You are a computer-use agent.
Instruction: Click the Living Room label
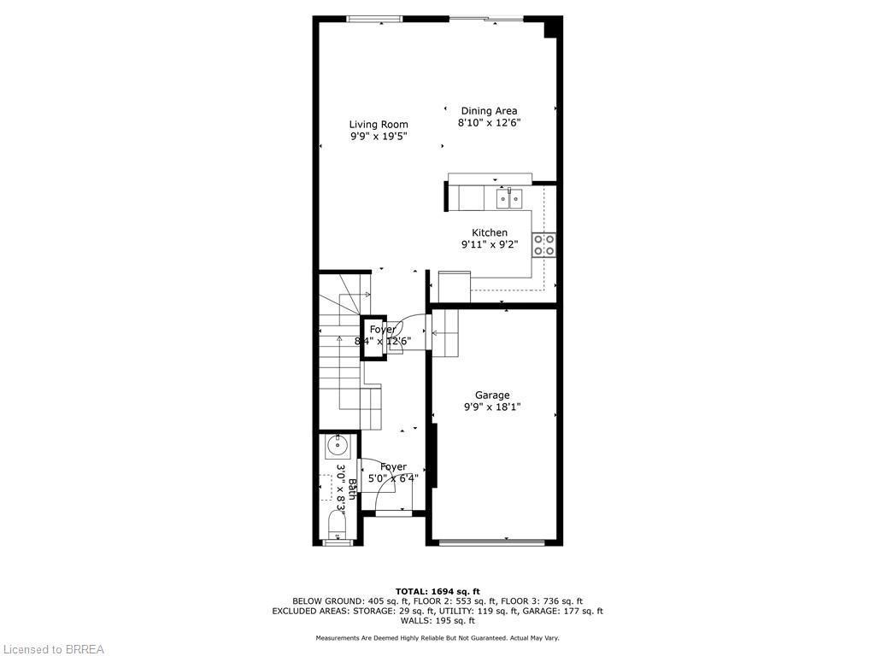pyautogui.click(x=379, y=125)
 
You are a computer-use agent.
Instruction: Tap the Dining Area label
pyautogui.click(x=489, y=111)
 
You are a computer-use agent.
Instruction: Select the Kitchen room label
pyautogui.click(x=490, y=232)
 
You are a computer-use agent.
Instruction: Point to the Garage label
pyautogui.click(x=492, y=395)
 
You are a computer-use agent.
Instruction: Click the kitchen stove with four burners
pyautogui.click(x=543, y=245)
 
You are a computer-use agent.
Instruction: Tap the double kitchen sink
pyautogui.click(x=509, y=198)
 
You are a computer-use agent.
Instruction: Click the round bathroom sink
pyautogui.click(x=337, y=444)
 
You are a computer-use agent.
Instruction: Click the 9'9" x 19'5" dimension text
pyautogui.click(x=379, y=137)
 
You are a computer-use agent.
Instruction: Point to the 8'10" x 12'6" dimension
pyautogui.click(x=490, y=123)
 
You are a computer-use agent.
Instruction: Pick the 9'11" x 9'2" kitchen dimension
pyautogui.click(x=490, y=244)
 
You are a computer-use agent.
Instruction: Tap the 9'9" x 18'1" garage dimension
pyautogui.click(x=492, y=407)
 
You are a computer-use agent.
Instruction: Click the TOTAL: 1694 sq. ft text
pyautogui.click(x=437, y=591)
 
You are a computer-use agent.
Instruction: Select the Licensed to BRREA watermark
pyautogui.click(x=53, y=649)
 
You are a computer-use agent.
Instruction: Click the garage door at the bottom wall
pyautogui.click(x=491, y=542)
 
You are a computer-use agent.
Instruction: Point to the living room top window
pyautogui.click(x=374, y=19)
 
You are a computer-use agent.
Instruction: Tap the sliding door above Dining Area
pyautogui.click(x=486, y=19)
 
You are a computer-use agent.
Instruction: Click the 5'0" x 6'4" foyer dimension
pyautogui.click(x=393, y=478)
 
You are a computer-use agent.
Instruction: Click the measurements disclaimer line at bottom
pyautogui.click(x=437, y=638)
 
